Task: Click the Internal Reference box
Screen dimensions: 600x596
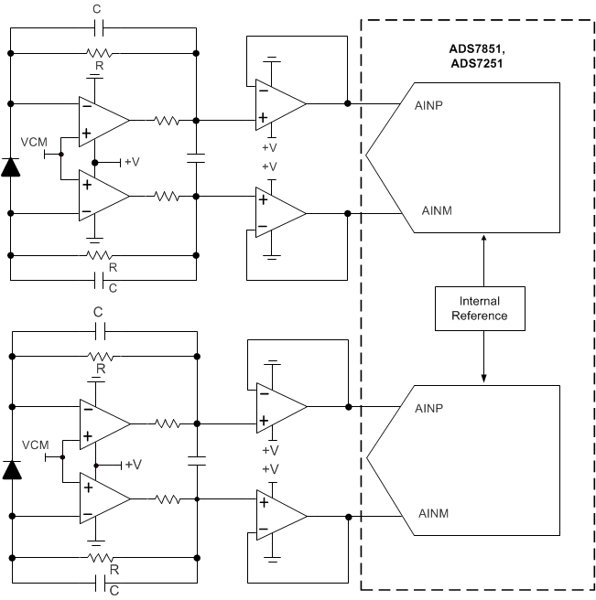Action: (x=483, y=308)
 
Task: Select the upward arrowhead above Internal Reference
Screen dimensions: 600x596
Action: (x=483, y=237)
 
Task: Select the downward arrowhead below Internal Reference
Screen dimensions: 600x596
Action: (x=483, y=379)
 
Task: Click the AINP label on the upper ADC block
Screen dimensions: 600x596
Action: (x=430, y=104)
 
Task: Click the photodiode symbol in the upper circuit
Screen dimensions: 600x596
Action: (x=11, y=166)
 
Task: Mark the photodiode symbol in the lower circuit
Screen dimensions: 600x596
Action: (x=11, y=470)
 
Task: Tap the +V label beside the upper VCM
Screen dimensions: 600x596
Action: (x=132, y=162)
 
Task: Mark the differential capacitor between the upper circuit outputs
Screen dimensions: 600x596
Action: (x=196, y=157)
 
